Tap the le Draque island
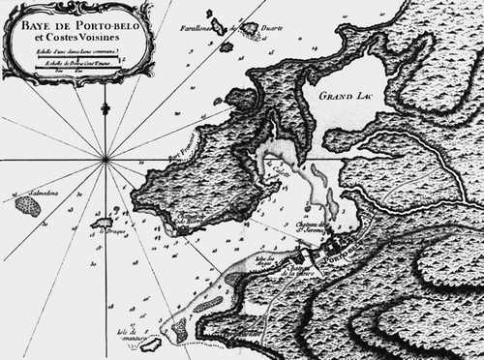pyautogui.click(x=101, y=223)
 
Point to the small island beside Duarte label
pyautogui.click(x=250, y=30)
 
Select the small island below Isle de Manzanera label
pyautogui.click(x=150, y=344)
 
